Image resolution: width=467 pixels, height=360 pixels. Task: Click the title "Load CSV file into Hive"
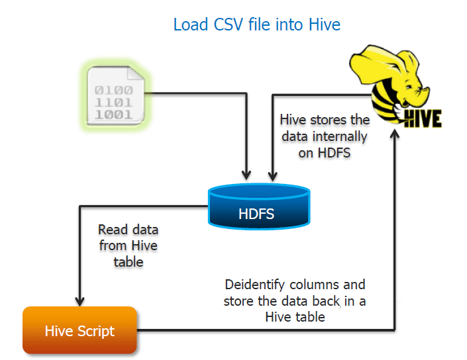256,25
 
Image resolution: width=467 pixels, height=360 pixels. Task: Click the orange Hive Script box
79,330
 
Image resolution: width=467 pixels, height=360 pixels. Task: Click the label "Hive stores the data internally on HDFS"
324,136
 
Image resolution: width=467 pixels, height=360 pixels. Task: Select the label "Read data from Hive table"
129,246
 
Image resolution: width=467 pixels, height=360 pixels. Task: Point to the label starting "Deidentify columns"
295,300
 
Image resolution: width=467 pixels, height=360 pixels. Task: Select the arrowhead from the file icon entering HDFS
247,176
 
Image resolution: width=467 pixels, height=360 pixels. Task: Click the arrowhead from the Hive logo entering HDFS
271,176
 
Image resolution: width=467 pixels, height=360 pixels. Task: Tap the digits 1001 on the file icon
114,113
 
